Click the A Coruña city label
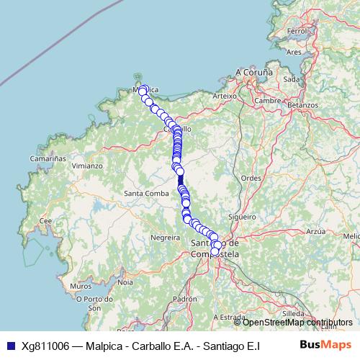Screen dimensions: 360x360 (255, 73)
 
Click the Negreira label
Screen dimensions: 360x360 (165, 236)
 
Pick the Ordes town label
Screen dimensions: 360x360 (251, 177)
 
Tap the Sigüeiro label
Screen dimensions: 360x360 (241, 216)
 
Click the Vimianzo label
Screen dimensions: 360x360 (86, 166)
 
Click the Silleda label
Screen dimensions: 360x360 (313, 314)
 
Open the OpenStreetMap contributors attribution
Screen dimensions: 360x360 (288, 323)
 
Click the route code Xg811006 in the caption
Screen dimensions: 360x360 (45, 346)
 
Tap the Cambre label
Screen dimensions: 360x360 (267, 100)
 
